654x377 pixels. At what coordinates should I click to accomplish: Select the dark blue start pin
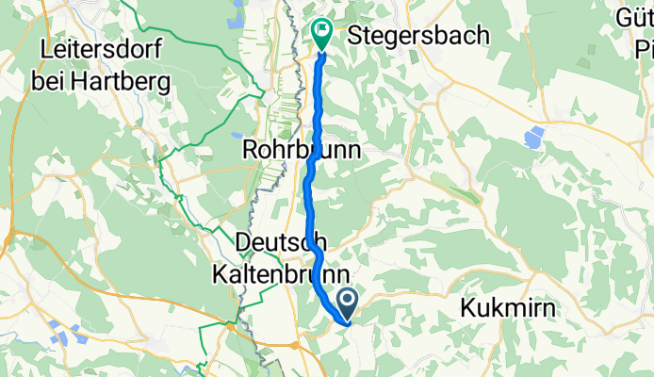click(x=346, y=302)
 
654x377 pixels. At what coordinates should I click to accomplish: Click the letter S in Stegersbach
click(x=356, y=36)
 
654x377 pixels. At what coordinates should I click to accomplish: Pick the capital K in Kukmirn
click(x=468, y=307)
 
